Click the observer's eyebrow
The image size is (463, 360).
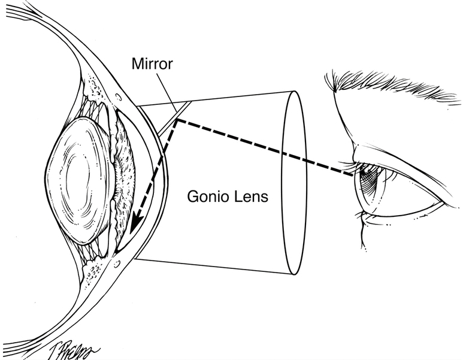click(389, 90)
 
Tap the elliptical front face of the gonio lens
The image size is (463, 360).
click(295, 180)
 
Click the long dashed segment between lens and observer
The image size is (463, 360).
click(264, 147)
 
